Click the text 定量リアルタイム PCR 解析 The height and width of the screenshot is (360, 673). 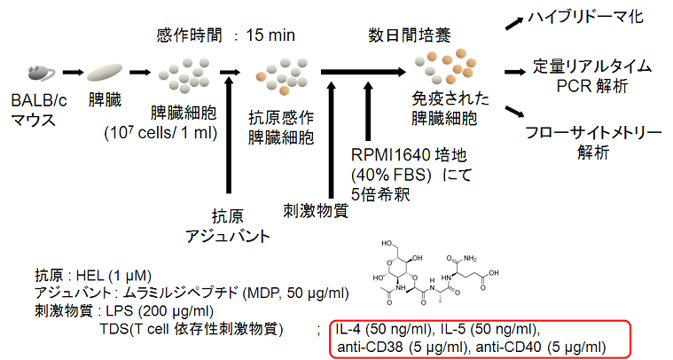pos(593,76)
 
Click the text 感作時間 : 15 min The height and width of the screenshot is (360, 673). pos(225,35)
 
